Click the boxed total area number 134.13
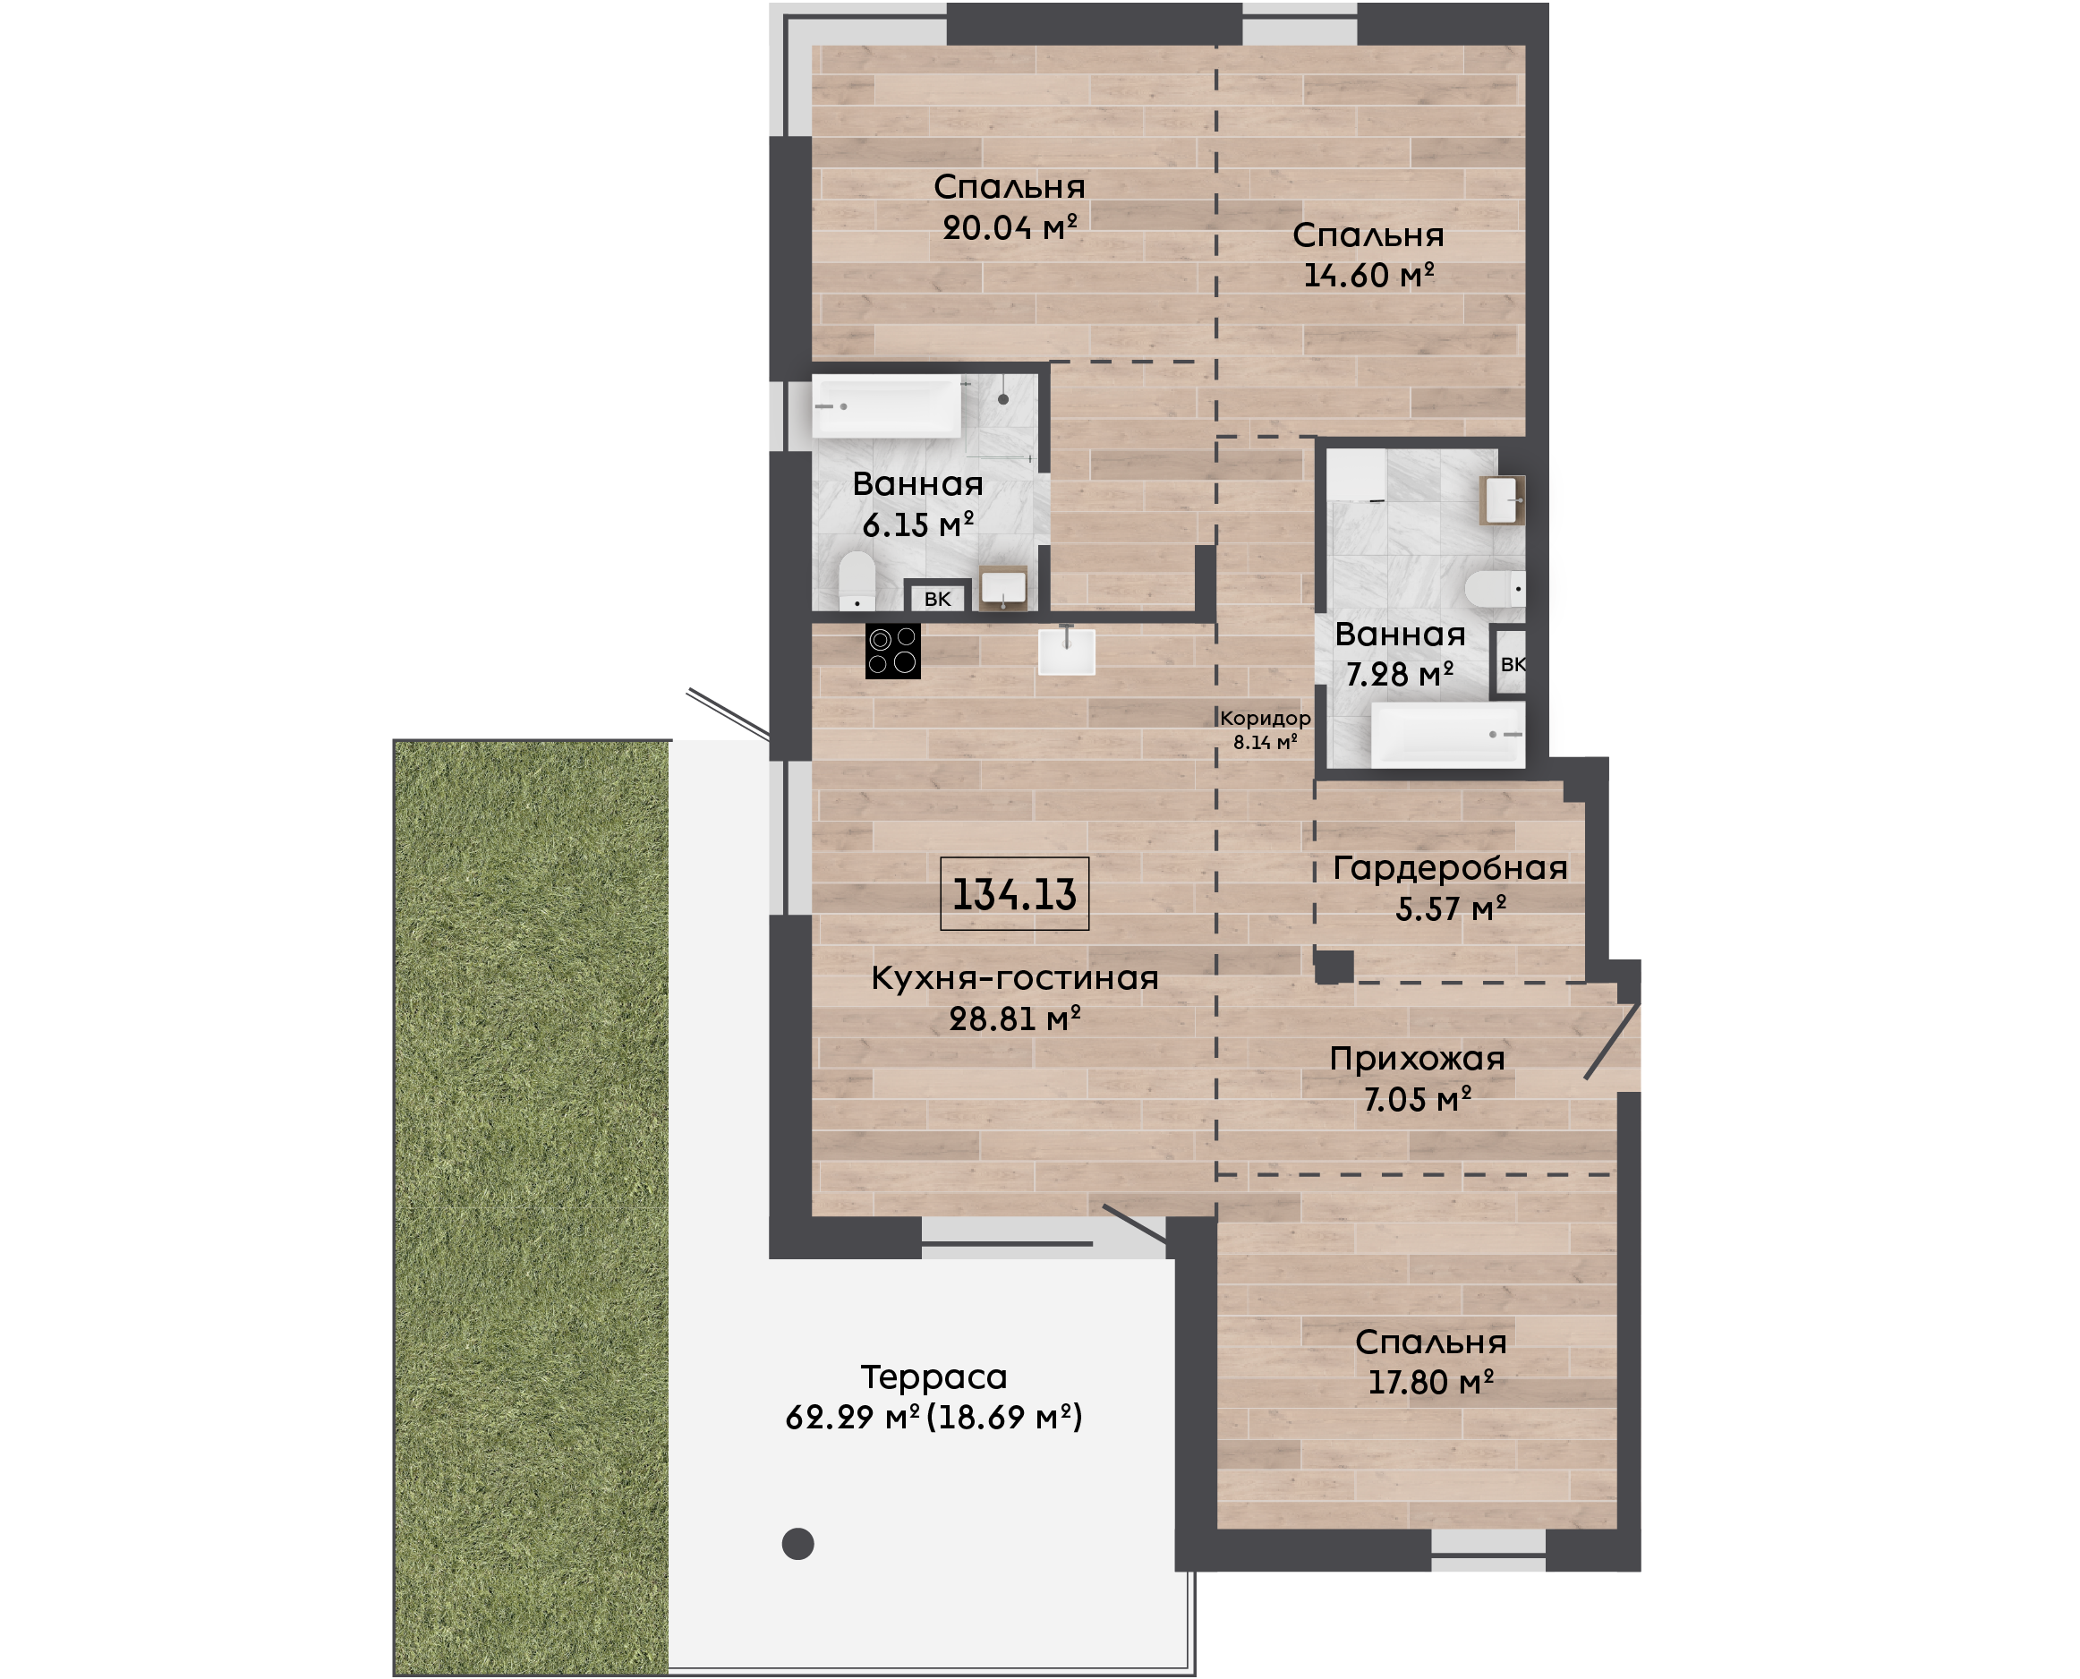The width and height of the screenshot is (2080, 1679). click(1014, 894)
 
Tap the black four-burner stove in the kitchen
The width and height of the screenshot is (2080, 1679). click(892, 651)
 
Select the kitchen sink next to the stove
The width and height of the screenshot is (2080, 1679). click(1067, 650)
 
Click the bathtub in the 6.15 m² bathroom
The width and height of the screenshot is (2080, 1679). click(887, 406)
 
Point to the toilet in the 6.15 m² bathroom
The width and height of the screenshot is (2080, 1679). click(857, 580)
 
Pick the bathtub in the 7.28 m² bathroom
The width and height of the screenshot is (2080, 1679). click(1447, 734)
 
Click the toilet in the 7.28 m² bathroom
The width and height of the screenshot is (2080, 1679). click(1495, 588)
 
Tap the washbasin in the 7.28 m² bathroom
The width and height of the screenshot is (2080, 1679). click(1503, 500)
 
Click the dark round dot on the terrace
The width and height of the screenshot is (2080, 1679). click(797, 1544)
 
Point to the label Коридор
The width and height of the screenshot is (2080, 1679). click(1265, 719)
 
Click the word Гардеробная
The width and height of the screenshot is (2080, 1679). click(1451, 867)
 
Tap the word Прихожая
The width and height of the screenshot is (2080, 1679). click(1418, 1059)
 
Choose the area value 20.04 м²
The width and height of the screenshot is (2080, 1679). click(1010, 227)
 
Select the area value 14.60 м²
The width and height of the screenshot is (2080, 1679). click(1368, 275)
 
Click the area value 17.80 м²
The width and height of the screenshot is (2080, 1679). click(1431, 1382)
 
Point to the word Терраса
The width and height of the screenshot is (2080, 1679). click(934, 1376)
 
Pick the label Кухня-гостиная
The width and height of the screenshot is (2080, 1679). click(1015, 978)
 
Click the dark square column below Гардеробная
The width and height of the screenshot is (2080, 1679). click(1334, 967)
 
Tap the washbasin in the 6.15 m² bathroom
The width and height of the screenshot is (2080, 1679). click(1003, 588)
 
